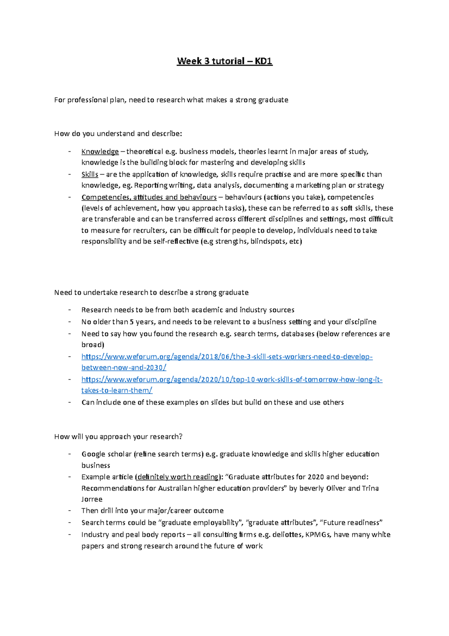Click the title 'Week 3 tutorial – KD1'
click(224, 61)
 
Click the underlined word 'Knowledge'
click(100, 152)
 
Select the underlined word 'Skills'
click(90, 175)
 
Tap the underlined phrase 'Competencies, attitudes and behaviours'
click(149, 197)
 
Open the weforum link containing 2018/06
click(227, 357)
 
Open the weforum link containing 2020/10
click(232, 379)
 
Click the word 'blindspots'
click(268, 242)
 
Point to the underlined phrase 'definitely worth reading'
click(178, 477)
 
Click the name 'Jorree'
click(92, 499)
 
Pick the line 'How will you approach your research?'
click(118, 437)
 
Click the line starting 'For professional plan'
click(171, 100)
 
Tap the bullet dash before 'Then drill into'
click(70, 511)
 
